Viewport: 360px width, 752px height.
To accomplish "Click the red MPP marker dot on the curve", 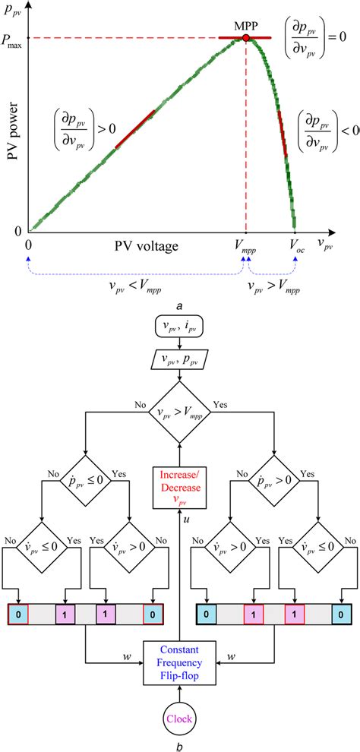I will click(x=245, y=36).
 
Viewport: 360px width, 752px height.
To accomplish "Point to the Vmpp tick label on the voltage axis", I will click(x=245, y=246).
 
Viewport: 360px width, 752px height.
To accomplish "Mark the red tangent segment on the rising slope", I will click(x=135, y=128).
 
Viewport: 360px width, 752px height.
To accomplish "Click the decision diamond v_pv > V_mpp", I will click(x=179, y=415).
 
